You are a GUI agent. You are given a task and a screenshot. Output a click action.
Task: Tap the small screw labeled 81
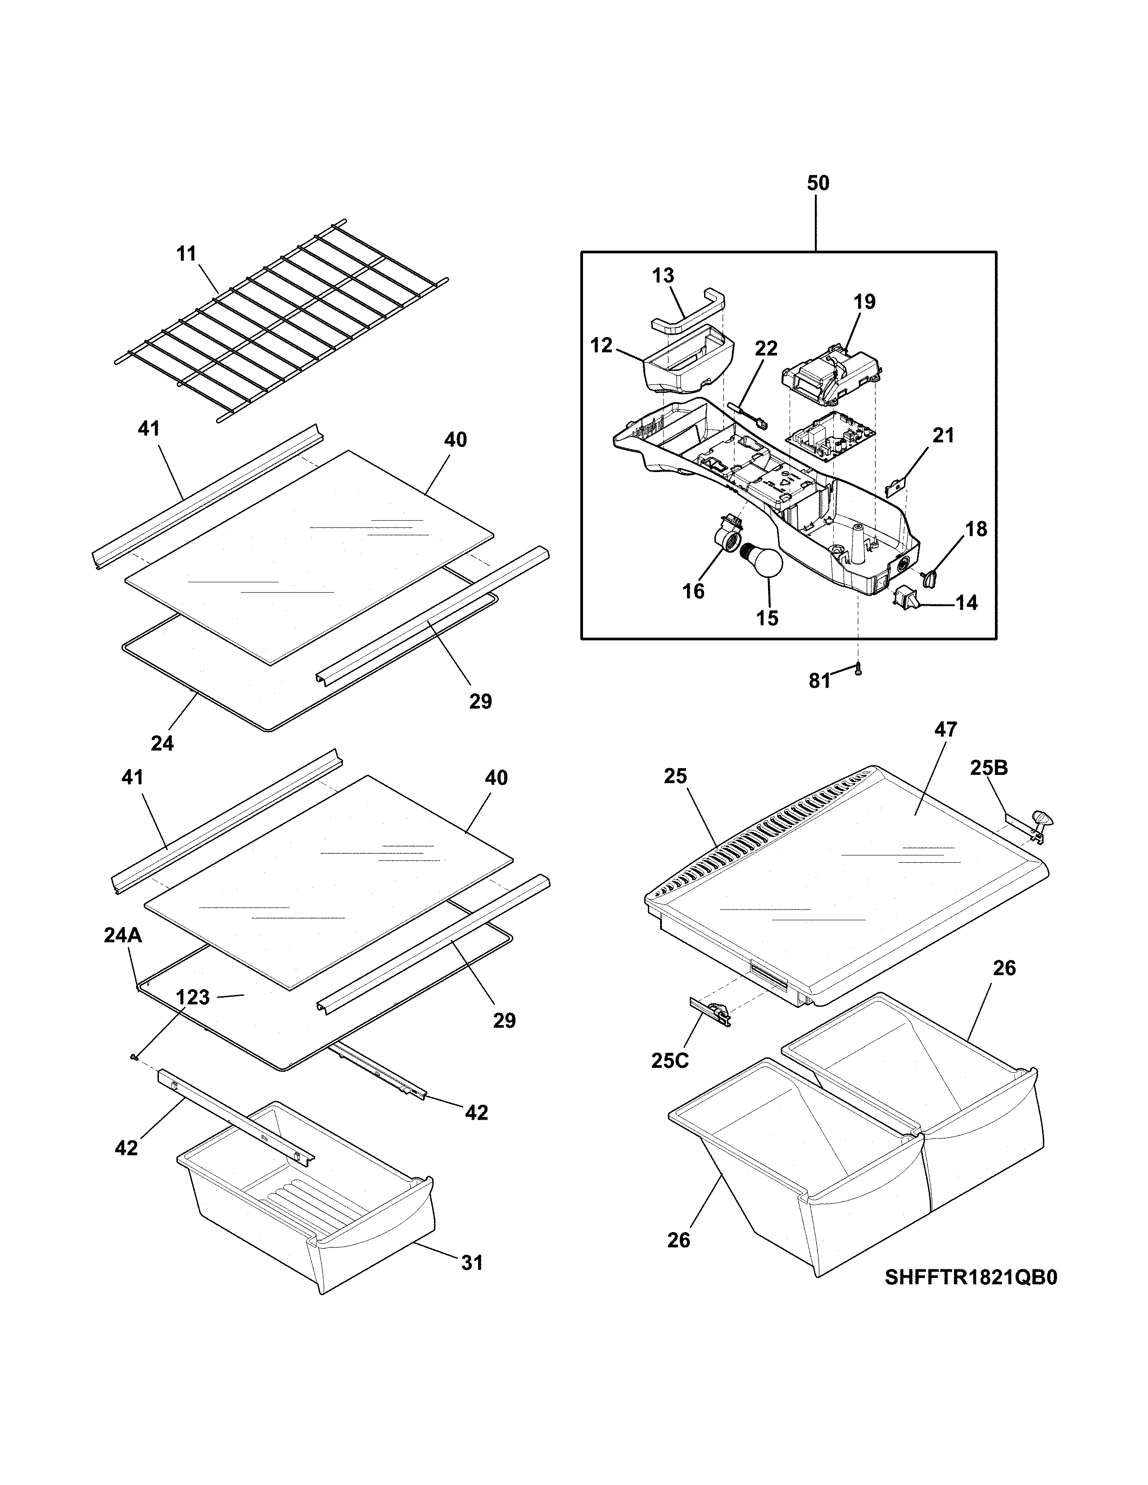coord(858,670)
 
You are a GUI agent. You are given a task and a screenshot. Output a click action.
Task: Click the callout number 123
coord(193,998)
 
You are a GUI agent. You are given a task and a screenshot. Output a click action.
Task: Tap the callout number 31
coord(471,1263)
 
